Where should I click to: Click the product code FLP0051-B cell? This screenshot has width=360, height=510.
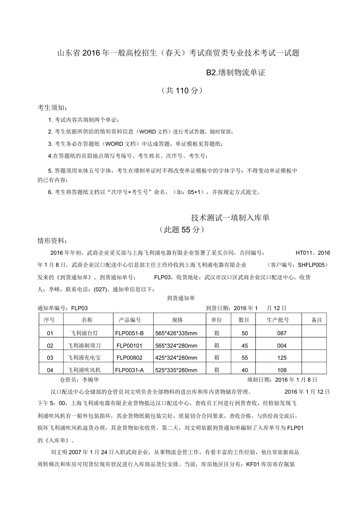(130, 333)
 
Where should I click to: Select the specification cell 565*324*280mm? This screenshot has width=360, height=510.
(176, 346)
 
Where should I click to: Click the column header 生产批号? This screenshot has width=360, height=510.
(278, 320)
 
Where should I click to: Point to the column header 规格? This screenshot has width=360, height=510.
(177, 320)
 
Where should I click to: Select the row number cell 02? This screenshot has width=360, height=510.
(50, 346)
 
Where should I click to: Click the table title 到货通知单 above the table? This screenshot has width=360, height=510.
(181, 298)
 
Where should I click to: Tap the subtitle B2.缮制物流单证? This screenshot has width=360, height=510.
(236, 72)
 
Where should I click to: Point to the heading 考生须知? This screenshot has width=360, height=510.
(52, 108)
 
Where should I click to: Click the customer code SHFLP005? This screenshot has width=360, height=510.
(311, 265)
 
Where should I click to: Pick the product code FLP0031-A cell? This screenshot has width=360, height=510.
(130, 370)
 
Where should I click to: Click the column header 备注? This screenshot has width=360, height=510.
(317, 320)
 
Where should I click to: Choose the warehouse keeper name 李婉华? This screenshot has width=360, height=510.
(91, 380)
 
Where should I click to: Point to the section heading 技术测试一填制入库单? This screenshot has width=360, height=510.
(230, 218)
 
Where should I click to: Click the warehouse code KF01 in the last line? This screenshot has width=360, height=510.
(253, 465)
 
